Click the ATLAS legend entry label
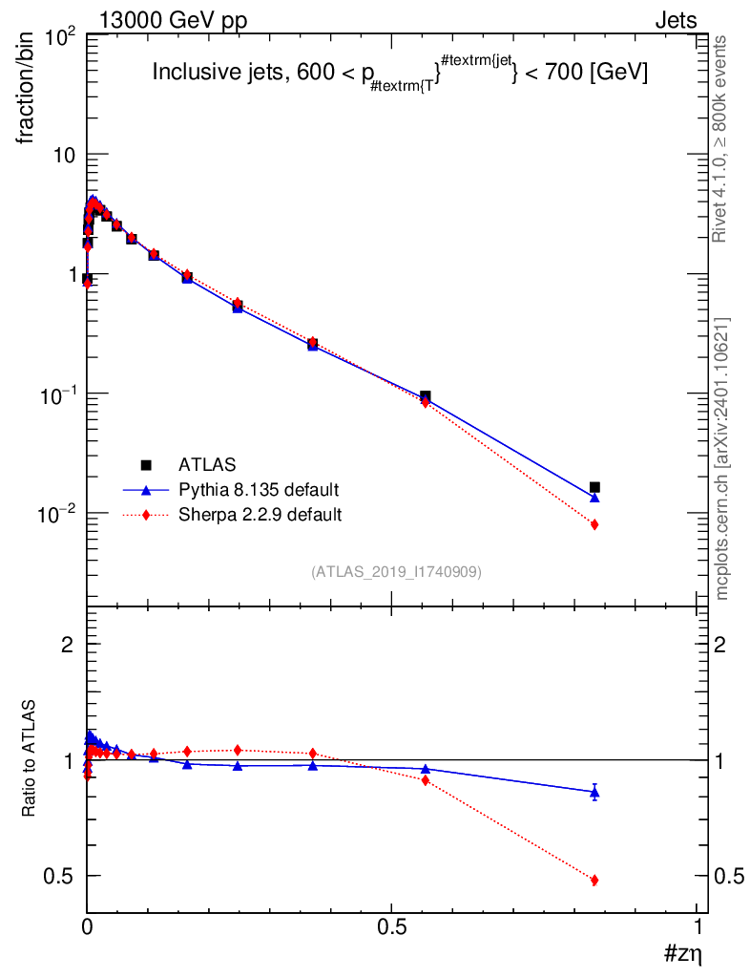pos(207,465)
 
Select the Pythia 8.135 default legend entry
pos(259,490)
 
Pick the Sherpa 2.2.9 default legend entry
pos(260,515)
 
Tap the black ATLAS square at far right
pos(594,487)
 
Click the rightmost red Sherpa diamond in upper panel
pos(594,524)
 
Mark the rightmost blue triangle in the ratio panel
pos(594,793)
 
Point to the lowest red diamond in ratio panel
pos(594,880)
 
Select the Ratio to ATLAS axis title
pos(29,757)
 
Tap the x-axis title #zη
pos(683,954)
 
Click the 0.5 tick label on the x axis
pos(392,926)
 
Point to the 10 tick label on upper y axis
pos(64,156)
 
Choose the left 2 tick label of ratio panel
pos(68,645)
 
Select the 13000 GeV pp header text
pos(173,21)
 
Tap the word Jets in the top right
pos(676,21)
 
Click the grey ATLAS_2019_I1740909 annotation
pos(396,572)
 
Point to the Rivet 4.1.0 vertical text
pos(719,138)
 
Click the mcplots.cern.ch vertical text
pos(721,459)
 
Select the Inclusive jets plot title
pos(400,74)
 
